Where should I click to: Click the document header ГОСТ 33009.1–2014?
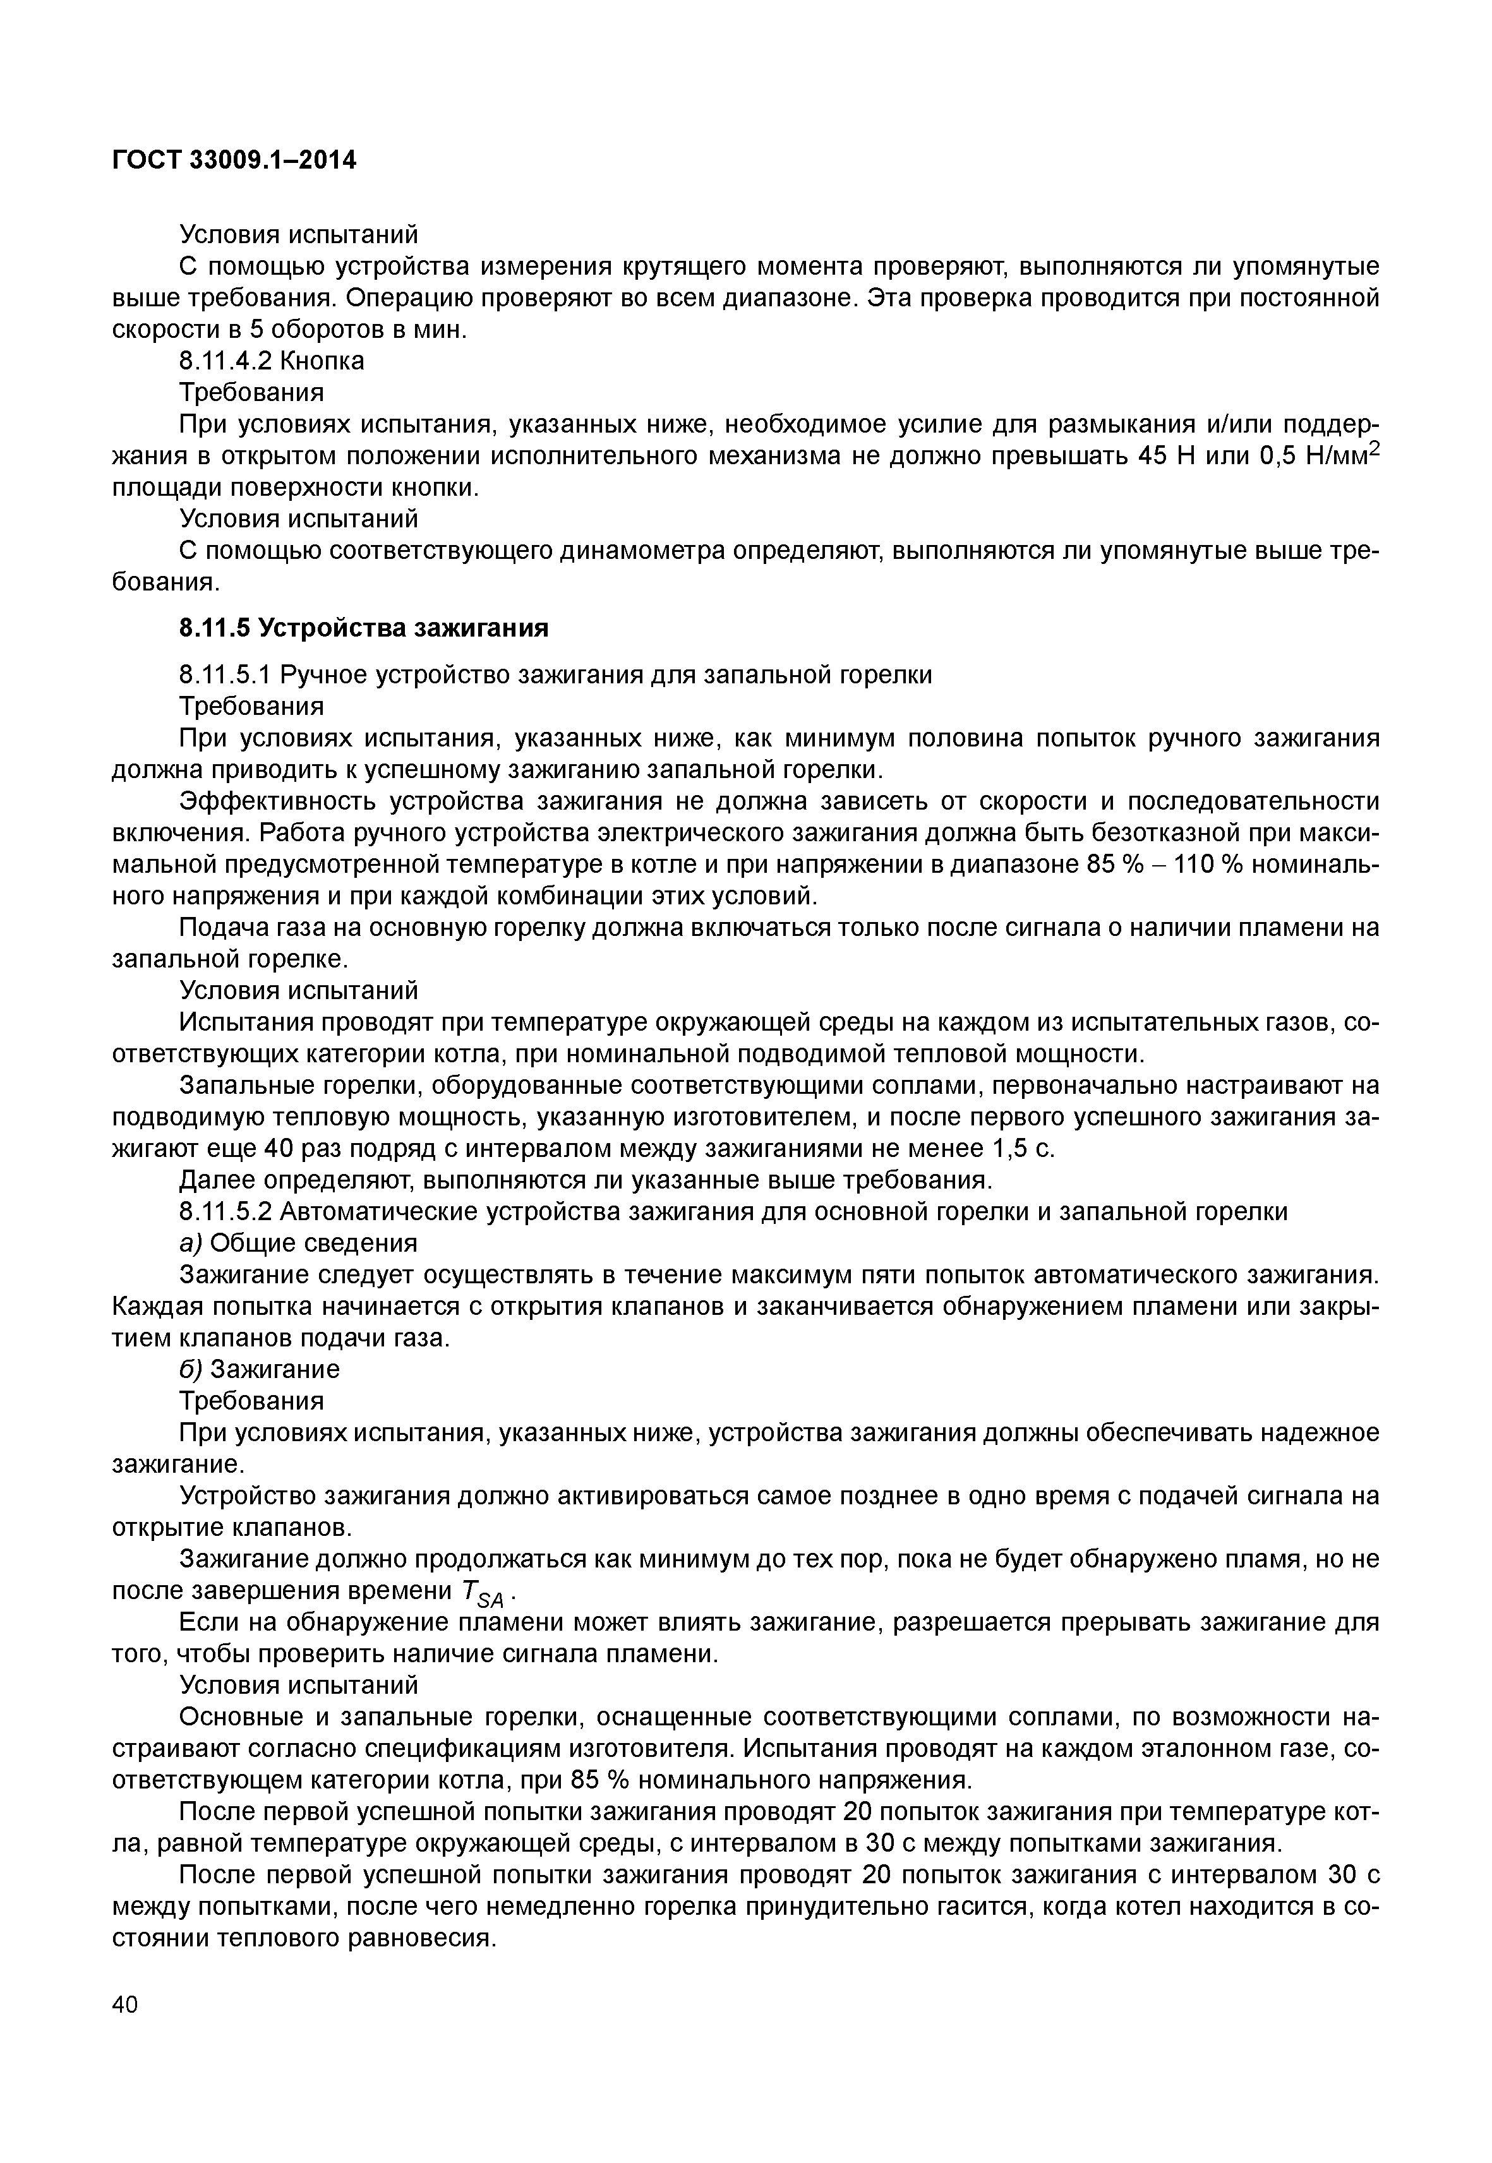234,161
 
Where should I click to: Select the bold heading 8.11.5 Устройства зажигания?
364,628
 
